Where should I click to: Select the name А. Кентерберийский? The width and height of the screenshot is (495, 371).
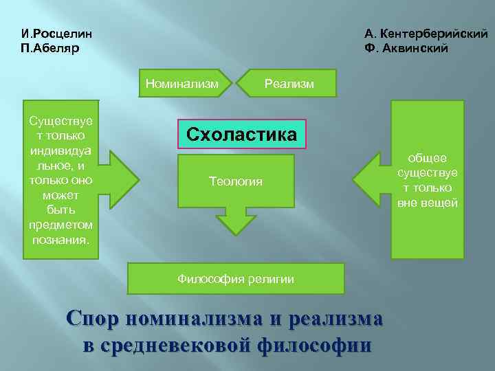426,34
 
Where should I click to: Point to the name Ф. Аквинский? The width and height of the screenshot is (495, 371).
407,48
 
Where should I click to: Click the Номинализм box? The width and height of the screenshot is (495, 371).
182,83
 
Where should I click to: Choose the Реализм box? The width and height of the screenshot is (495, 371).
289,83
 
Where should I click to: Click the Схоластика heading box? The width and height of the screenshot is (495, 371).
242,134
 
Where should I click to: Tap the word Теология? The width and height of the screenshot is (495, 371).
236,181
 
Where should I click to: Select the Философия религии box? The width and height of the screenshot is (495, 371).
236,278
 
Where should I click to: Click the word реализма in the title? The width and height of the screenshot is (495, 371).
336,319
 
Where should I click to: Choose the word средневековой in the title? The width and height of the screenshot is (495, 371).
179,344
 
